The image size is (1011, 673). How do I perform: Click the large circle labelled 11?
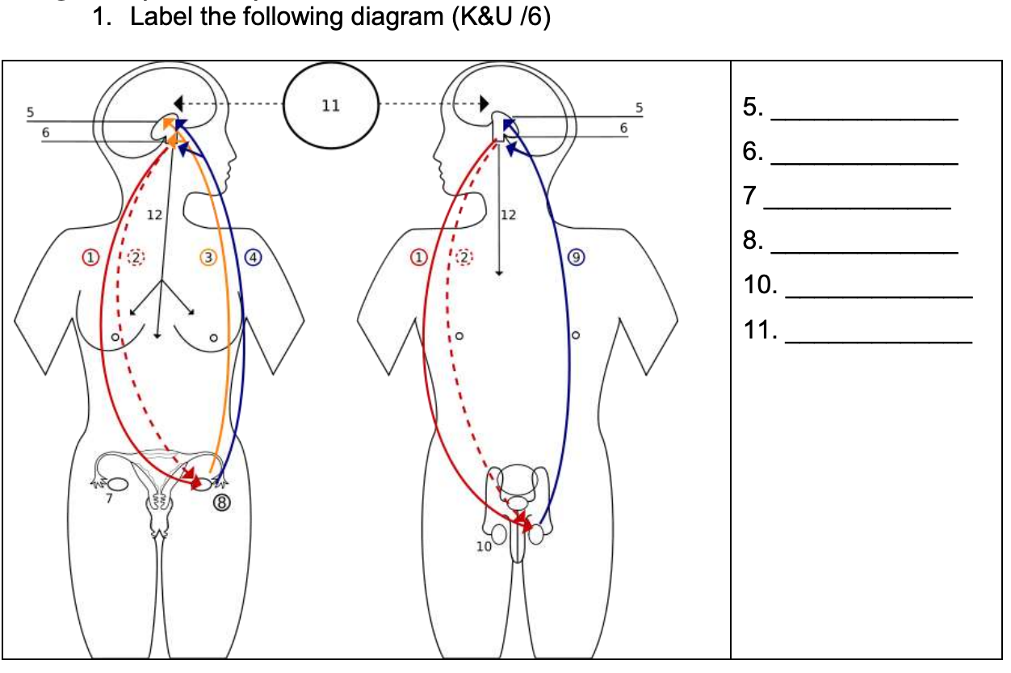coord(331,106)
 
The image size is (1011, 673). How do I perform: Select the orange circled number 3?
coord(209,258)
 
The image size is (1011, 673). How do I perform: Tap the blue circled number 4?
coord(254,258)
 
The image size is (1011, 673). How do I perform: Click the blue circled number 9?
coord(575,258)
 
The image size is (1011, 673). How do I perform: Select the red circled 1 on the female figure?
coord(91,258)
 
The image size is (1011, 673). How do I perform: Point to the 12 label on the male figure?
coord(509,216)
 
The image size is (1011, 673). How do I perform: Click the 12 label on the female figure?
coord(154,216)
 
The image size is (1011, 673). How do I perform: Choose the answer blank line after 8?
coord(865,252)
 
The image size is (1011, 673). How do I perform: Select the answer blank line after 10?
coord(879,297)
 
